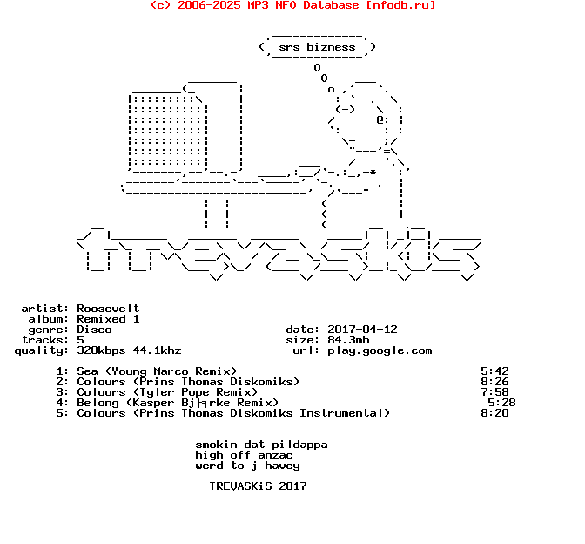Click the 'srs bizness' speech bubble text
tap(317, 47)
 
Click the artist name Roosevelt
tap(108, 309)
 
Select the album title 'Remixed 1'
tap(108, 319)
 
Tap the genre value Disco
tap(94, 330)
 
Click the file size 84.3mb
tap(348, 340)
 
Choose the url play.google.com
tap(380, 350)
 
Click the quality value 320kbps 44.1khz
tap(129, 350)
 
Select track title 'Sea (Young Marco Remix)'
tap(157, 371)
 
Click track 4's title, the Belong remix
tap(178, 403)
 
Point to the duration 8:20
tap(494, 413)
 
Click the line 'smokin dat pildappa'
tap(261, 445)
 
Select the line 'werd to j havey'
tap(247, 466)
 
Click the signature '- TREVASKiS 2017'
tap(251, 486)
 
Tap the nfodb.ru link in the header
tap(400, 5)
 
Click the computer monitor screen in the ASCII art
tap(165, 131)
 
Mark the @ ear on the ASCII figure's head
tap(380, 120)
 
